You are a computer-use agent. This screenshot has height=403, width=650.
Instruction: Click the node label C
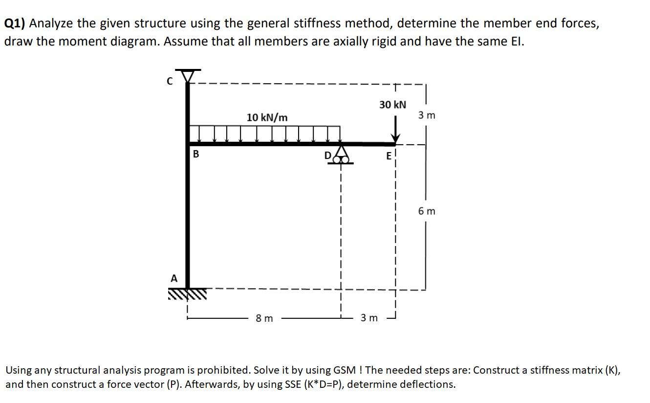(x=170, y=82)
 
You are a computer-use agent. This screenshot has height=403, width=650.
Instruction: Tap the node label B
(x=196, y=154)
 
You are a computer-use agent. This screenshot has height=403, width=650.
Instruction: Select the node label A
(x=173, y=278)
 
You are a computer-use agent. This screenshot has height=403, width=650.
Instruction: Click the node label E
(x=389, y=156)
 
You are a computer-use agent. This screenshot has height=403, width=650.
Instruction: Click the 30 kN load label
(x=392, y=105)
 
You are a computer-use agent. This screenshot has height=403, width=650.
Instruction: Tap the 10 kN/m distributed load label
(x=267, y=117)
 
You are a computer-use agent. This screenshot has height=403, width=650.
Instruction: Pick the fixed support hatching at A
(x=187, y=293)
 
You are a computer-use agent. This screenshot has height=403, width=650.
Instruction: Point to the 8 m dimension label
(x=264, y=319)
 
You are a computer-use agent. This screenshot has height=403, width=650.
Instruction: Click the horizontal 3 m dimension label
(x=369, y=319)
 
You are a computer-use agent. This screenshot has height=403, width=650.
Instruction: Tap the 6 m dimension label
(x=426, y=211)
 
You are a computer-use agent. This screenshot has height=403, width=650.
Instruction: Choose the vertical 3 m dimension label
(x=426, y=116)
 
